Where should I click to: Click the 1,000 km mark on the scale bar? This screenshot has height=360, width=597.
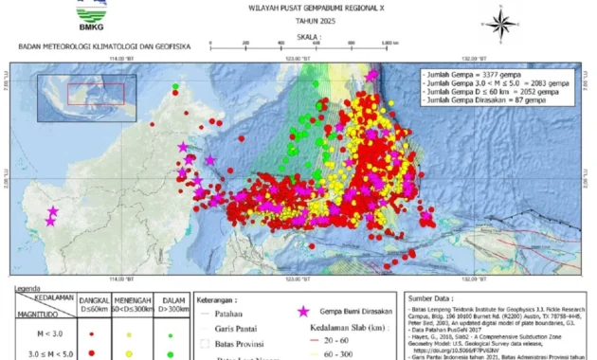coord(388,44)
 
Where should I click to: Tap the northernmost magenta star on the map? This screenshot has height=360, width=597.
coord(371,74)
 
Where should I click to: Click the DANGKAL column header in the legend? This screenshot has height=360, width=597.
coord(94,300)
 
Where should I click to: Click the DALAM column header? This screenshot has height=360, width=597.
coord(171,300)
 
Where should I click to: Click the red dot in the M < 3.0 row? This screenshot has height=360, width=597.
coord(91,334)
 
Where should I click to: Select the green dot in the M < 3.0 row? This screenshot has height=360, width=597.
coord(170,334)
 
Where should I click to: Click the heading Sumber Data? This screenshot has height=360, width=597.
coord(432,296)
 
